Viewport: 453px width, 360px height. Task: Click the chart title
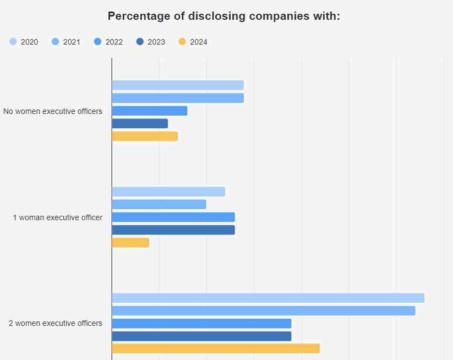(x=223, y=16)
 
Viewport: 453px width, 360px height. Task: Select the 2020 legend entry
(x=24, y=42)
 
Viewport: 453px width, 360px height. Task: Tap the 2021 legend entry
(x=66, y=42)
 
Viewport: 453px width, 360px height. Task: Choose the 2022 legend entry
(x=108, y=42)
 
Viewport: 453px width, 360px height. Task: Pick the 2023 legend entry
(x=150, y=42)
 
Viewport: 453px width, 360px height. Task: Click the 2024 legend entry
(x=193, y=42)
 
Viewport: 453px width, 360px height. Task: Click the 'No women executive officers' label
(x=53, y=111)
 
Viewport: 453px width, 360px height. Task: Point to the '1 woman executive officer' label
(x=57, y=217)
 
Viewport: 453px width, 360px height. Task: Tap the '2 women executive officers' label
(x=56, y=323)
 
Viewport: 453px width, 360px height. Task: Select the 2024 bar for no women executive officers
(x=145, y=136)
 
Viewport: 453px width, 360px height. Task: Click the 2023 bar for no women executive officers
(x=140, y=123)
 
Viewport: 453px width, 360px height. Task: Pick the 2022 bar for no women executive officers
(x=150, y=111)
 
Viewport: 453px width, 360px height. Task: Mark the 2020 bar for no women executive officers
(x=178, y=85)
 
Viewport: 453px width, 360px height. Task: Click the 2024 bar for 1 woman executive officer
(x=130, y=242)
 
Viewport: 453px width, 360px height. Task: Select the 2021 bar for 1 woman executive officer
(x=159, y=204)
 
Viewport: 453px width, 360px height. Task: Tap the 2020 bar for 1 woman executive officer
(x=168, y=192)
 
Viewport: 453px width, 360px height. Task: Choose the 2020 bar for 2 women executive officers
(x=268, y=298)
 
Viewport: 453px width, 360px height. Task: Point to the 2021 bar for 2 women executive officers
(x=264, y=310)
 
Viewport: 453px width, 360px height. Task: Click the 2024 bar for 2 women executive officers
(x=216, y=348)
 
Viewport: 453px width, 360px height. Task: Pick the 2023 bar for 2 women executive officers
(x=201, y=336)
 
